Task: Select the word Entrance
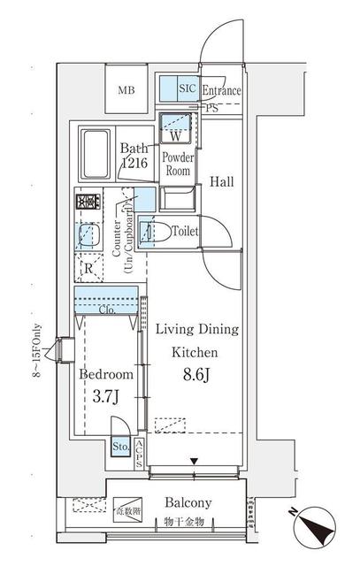click(x=222, y=90)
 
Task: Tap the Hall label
click(x=222, y=183)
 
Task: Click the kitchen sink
click(x=89, y=235)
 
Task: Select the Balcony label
click(x=188, y=503)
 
